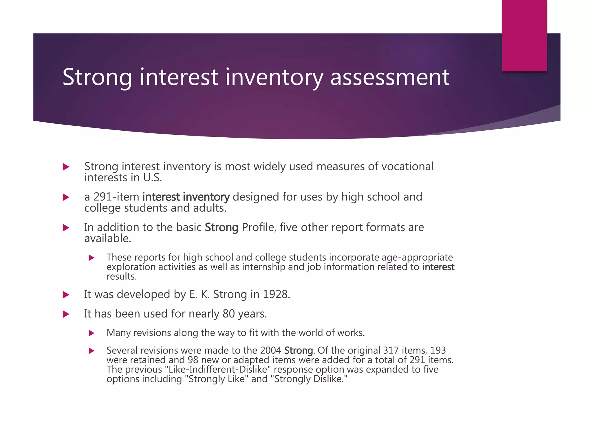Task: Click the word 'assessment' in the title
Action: click(390, 77)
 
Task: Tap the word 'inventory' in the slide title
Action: click(274, 77)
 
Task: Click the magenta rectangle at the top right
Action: click(524, 36)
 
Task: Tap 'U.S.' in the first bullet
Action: click(152, 178)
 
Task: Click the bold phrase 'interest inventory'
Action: click(186, 197)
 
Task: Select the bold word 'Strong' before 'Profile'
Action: click(222, 227)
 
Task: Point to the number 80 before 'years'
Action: click(228, 314)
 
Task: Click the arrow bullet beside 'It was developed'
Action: click(66, 295)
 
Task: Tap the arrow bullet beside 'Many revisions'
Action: click(91, 333)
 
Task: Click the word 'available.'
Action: click(108, 238)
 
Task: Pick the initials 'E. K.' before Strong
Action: click(200, 294)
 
